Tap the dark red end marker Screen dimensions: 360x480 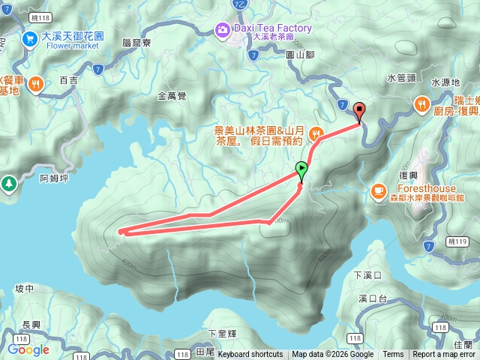359,111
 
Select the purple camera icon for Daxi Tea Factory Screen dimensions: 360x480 223,30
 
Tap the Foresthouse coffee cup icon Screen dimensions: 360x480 378,190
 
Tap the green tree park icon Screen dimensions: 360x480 8,182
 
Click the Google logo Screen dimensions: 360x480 28,349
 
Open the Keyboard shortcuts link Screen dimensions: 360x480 250,355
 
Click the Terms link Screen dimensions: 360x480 393,355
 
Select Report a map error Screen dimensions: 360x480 445,355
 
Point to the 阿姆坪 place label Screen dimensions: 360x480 54,178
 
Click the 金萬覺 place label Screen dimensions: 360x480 172,96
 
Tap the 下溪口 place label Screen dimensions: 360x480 367,275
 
